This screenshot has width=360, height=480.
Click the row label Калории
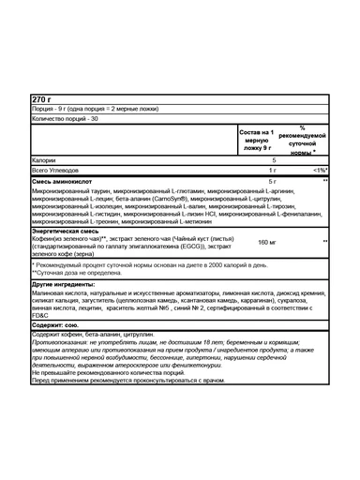(x=45, y=160)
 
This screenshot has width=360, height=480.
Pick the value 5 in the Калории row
(x=273, y=160)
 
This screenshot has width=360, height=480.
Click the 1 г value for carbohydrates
(x=273, y=170)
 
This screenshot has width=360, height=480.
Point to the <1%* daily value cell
(x=319, y=170)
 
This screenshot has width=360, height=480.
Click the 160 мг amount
(x=268, y=242)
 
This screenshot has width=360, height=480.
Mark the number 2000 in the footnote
(x=257, y=264)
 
